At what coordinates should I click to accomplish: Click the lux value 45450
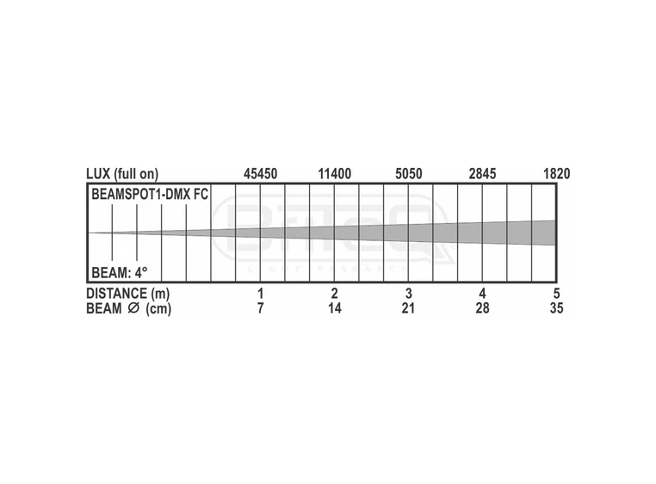[260, 174]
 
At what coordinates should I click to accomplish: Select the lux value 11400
[335, 174]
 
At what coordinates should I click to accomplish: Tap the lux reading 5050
[409, 174]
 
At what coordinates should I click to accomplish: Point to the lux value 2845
[482, 174]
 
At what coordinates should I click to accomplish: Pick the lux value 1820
[556, 174]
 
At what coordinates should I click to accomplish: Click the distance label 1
[261, 293]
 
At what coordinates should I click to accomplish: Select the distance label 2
[334, 293]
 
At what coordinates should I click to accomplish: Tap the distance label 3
[409, 293]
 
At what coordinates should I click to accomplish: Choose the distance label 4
[482, 293]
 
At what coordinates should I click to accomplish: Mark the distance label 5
[556, 293]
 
